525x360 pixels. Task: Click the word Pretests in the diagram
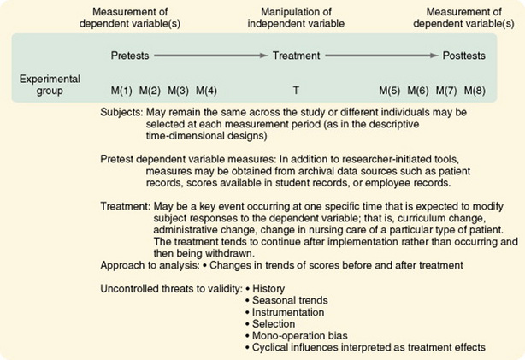129,56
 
